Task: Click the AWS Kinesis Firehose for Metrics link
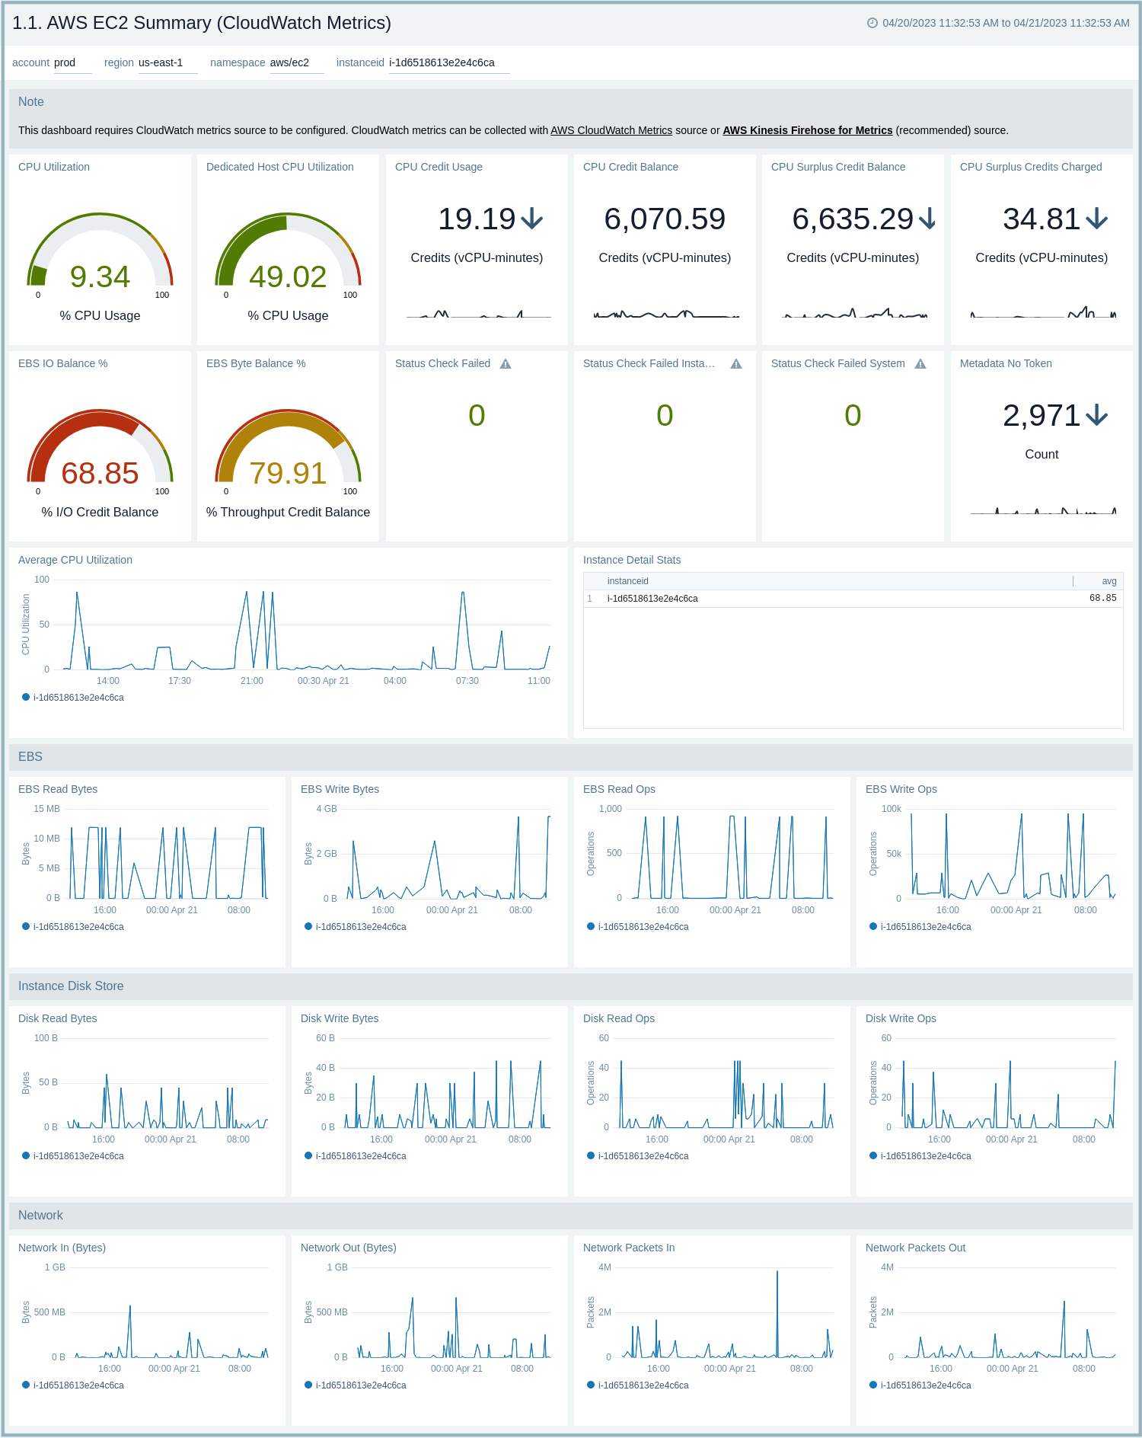point(807,130)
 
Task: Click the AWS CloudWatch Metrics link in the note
point(611,130)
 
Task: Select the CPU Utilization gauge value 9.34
point(100,276)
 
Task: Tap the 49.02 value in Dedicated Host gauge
point(288,276)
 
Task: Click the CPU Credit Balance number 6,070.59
point(665,219)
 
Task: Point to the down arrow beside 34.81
point(1096,219)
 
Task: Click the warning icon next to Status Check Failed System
point(920,364)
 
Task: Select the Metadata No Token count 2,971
point(1041,416)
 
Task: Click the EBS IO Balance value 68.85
point(100,473)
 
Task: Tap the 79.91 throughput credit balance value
point(288,473)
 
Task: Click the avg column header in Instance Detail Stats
point(1109,581)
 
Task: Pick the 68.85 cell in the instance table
point(1102,599)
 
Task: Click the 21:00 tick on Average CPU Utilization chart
point(251,681)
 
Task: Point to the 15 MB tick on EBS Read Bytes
point(46,809)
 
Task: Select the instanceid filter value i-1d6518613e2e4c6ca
point(442,62)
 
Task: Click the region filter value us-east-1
point(161,62)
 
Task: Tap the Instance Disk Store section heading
point(71,986)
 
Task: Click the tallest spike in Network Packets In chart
point(777,1272)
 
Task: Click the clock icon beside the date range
point(872,23)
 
